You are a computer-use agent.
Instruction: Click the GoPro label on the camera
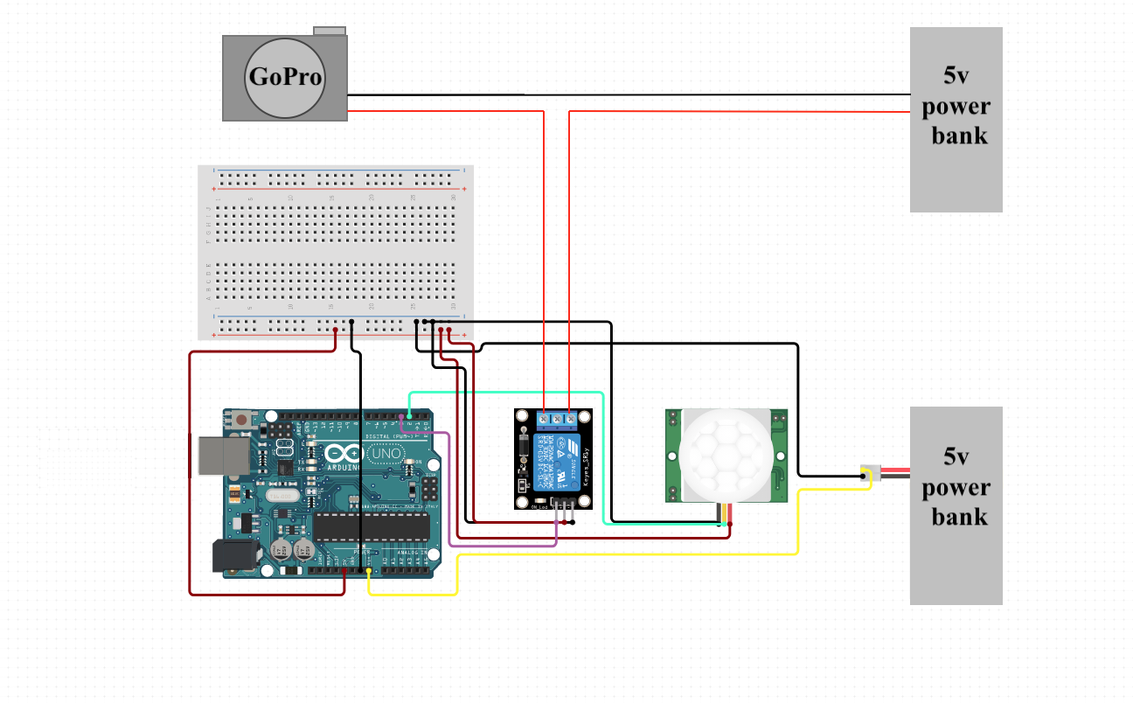coord(285,77)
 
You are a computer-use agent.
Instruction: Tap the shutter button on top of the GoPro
coord(330,31)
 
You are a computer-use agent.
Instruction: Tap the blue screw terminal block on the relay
coord(558,420)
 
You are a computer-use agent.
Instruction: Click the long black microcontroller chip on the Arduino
coord(372,526)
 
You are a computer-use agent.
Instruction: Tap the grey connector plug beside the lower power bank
coord(867,473)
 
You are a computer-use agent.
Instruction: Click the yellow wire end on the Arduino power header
coord(369,572)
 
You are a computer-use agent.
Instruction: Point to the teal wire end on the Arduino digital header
coord(410,416)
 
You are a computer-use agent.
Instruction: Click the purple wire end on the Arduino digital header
coord(401,418)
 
